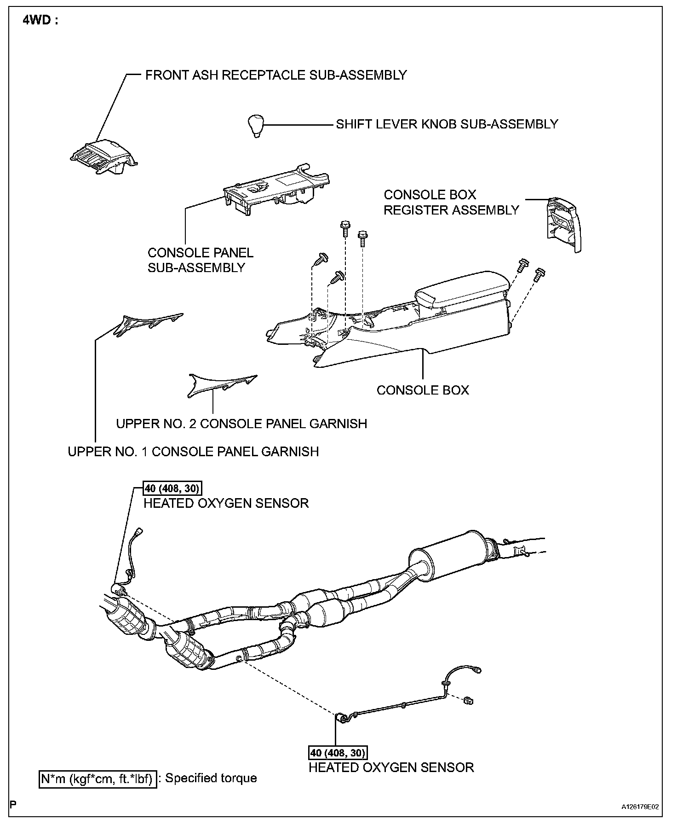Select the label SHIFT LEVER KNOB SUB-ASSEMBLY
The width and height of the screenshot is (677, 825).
pos(447,124)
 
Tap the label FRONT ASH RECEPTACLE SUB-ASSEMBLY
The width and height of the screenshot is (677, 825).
pos(276,75)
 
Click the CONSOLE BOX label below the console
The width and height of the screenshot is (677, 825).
pos(423,390)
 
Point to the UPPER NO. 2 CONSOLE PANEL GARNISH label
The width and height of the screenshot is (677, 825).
pos(241,424)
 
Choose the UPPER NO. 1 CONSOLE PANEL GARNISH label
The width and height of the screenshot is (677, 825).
pos(193,452)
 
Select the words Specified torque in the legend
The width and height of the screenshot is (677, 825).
pos(211,779)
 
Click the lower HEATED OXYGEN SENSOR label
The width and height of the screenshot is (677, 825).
pos(391,767)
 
